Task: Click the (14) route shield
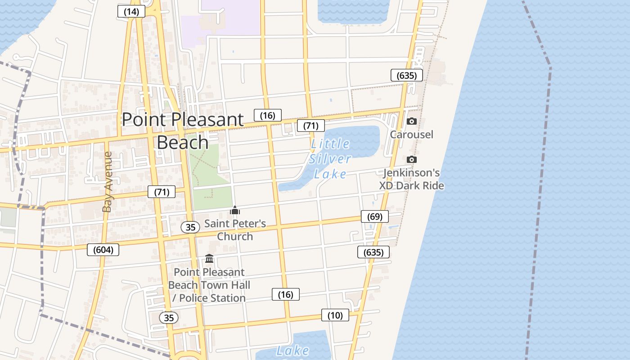131,12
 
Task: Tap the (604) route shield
103,250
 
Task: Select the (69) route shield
374,216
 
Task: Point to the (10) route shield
335,315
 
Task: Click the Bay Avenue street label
107,182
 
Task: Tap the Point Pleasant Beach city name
183,130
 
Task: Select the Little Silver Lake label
330,159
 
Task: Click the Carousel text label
411,135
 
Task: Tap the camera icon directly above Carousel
411,121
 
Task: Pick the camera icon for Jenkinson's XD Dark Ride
411,160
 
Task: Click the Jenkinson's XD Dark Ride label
411,179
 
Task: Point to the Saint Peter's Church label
235,230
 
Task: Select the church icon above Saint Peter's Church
235,210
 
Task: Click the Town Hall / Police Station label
209,285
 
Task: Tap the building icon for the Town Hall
209,259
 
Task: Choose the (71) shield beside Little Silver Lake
310,126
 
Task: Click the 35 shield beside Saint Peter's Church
190,227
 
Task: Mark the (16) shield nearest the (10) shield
286,295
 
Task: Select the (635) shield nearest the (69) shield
373,252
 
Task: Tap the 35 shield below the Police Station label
169,318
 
